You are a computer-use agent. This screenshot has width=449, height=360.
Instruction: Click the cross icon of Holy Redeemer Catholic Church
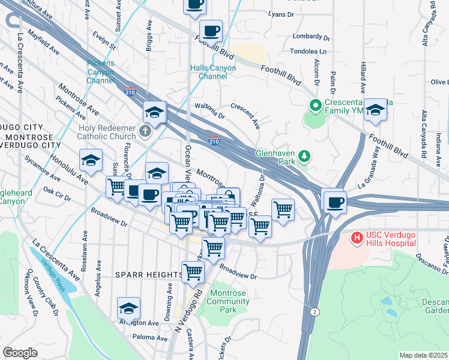coord(144,130)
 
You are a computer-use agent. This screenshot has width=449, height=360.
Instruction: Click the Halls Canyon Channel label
coord(213,72)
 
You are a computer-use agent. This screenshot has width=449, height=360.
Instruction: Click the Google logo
coord(20,353)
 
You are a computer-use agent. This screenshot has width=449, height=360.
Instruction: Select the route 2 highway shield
coord(314,311)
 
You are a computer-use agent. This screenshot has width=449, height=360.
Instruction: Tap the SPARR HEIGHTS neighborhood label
coord(148,275)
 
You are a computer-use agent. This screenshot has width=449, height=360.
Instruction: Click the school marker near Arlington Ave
coord(128,308)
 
